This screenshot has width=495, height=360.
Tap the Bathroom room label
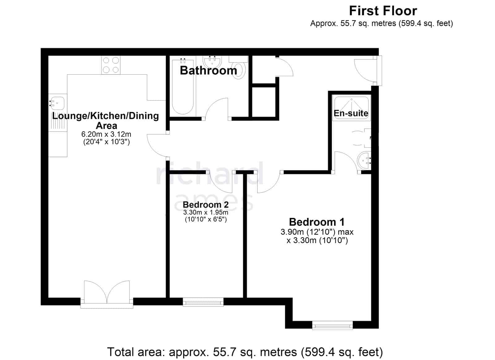click(x=209, y=71)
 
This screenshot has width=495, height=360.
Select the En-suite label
click(x=351, y=113)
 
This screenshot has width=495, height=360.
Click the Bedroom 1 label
click(x=317, y=222)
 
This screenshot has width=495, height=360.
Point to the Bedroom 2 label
click(x=205, y=205)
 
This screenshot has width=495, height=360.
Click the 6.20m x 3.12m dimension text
click(x=106, y=134)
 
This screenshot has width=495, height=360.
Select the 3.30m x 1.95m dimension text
click(x=205, y=213)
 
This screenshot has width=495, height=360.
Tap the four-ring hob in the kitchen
click(x=111, y=65)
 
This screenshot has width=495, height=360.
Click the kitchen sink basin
click(x=57, y=103)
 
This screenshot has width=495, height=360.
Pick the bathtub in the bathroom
click(x=183, y=86)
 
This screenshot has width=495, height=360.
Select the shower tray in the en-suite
click(x=351, y=109)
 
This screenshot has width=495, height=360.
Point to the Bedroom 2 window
click(x=203, y=302)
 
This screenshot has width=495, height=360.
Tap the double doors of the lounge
click(x=107, y=292)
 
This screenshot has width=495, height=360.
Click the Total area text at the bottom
click(x=245, y=352)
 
